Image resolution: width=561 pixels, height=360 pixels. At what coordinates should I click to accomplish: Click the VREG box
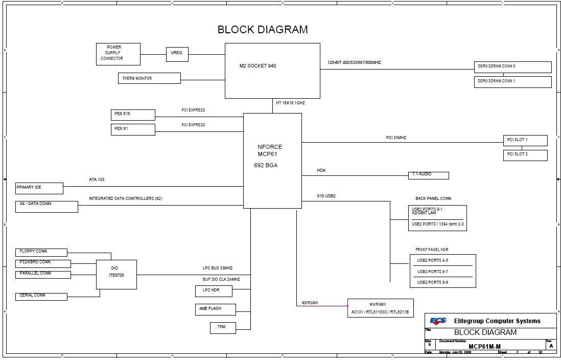tap(176, 54)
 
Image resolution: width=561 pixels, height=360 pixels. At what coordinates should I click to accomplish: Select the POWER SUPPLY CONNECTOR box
tap(118, 54)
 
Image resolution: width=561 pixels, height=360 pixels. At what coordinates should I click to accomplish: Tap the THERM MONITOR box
tap(149, 78)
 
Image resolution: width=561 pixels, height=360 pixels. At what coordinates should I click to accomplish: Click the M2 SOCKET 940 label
tap(258, 66)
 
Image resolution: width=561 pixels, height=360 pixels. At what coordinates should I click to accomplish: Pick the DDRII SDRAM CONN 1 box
tap(512, 82)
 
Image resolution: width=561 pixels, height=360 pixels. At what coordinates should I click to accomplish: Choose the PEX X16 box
tap(133, 114)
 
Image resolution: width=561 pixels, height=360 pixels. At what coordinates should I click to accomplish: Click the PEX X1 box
tap(133, 129)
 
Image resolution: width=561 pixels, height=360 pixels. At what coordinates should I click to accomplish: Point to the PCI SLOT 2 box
tap(525, 155)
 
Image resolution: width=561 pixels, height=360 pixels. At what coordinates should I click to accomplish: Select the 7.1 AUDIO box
tap(428, 175)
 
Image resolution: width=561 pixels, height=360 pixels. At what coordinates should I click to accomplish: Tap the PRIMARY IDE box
tap(39, 188)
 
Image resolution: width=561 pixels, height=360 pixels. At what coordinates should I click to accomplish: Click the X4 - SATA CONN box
tap(46, 206)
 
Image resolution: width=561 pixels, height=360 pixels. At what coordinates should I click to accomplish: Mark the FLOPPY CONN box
tap(41, 252)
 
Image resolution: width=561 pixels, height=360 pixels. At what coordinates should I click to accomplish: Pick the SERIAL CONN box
tap(41, 296)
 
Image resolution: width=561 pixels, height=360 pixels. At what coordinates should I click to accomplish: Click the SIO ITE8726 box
tap(116, 274)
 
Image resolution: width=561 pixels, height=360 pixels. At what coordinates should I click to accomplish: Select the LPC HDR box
tap(214, 291)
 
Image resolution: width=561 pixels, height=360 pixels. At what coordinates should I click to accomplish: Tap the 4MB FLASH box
tap(215, 309)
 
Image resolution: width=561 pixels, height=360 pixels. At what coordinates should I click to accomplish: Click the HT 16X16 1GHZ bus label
tap(290, 103)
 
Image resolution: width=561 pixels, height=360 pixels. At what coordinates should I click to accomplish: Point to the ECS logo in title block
tap(438, 321)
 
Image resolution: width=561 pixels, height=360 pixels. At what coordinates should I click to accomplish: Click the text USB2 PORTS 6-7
tap(432, 272)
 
